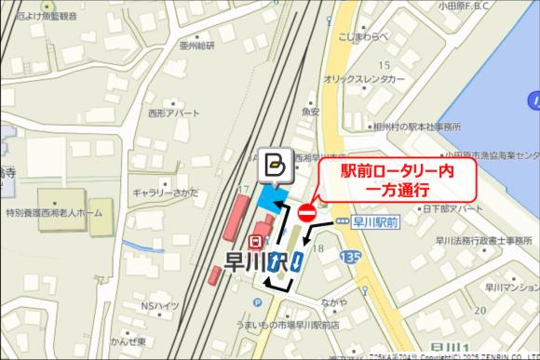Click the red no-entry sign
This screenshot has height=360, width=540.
307,213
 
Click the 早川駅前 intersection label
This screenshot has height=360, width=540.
376,222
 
